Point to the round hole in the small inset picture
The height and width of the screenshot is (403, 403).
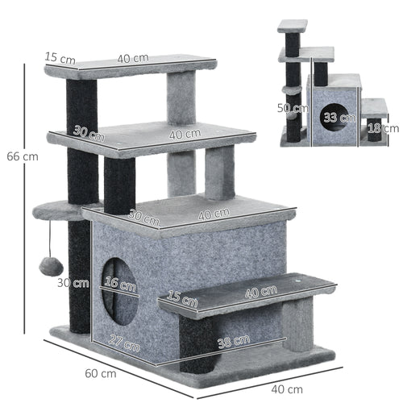332,116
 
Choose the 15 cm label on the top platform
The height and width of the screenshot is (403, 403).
60,57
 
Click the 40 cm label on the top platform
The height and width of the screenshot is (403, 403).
133,58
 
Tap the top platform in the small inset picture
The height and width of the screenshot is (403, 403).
292,26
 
